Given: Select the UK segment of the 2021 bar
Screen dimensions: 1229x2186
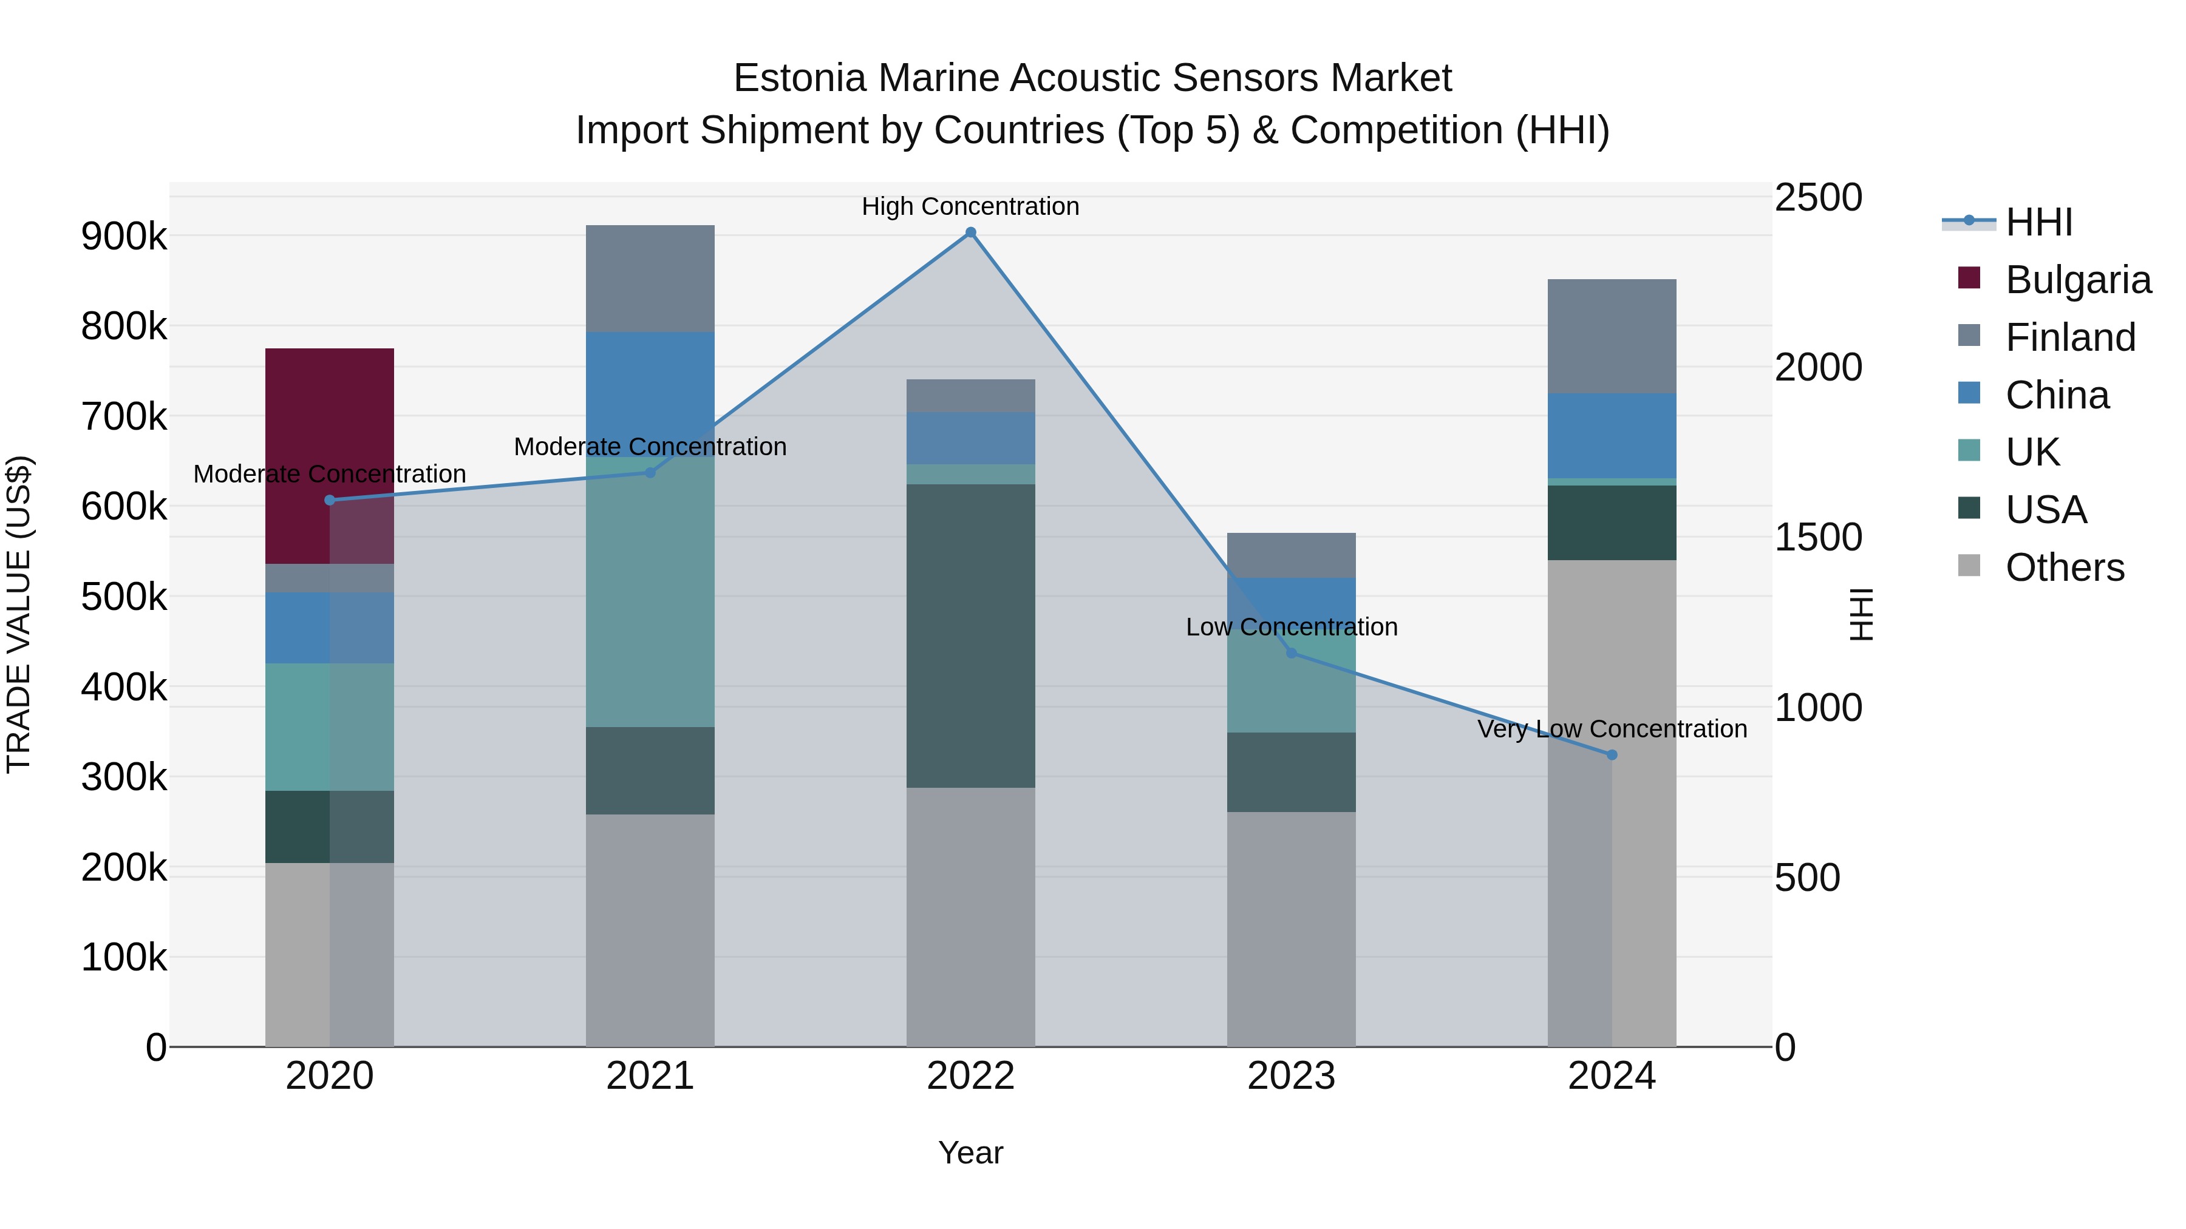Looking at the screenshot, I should pyautogui.click(x=650, y=594).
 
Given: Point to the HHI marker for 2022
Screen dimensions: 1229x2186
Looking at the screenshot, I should pyautogui.click(x=971, y=232).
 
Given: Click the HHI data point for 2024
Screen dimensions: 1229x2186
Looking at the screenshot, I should pyautogui.click(x=1612, y=755).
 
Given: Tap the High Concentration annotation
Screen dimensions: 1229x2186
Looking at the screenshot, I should pyautogui.click(x=970, y=207).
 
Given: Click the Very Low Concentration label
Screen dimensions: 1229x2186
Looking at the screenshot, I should pyautogui.click(x=1612, y=730).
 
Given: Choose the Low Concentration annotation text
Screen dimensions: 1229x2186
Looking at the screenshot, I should pyautogui.click(x=1291, y=628).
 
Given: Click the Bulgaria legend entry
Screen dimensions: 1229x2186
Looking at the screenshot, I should pyautogui.click(x=2077, y=280).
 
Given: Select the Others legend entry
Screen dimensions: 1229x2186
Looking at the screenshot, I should pyautogui.click(x=2064, y=567).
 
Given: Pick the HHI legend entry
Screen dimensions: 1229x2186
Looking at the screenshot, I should pyautogui.click(x=2038, y=222).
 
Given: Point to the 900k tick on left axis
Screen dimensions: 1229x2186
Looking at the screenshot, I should pyautogui.click(x=124, y=237).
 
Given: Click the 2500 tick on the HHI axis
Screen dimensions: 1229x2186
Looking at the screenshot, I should pyautogui.click(x=1817, y=198).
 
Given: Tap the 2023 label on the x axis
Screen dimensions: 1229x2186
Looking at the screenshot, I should pyautogui.click(x=1291, y=1076).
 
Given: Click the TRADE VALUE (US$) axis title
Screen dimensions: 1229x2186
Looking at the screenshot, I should pyautogui.click(x=19, y=614).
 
